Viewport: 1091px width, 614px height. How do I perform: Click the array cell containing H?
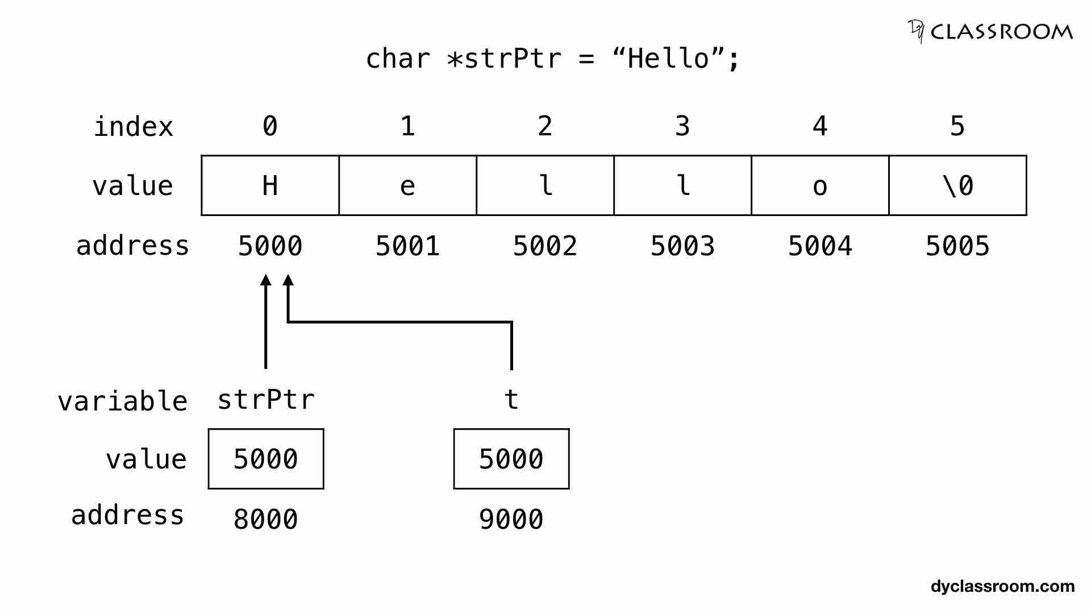pos(270,185)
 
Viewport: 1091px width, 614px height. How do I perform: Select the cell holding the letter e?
pos(407,185)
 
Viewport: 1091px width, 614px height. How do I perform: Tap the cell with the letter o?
pos(820,185)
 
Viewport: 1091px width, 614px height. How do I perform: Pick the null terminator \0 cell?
pos(957,185)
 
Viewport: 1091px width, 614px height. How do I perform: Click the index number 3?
pos(682,126)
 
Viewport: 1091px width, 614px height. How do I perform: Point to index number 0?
pos(270,126)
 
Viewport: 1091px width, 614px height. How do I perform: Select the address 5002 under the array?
pos(545,246)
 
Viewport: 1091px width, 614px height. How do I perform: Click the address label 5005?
pos(957,246)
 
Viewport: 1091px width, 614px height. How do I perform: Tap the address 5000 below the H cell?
pos(270,246)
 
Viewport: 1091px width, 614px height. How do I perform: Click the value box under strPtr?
pos(266,459)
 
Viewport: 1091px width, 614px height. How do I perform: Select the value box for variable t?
pos(511,459)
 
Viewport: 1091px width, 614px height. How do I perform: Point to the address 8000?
pos(266,519)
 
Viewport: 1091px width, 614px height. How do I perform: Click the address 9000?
pos(511,519)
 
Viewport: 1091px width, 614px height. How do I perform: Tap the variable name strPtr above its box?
pos(266,400)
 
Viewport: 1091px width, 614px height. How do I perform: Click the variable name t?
pos(511,400)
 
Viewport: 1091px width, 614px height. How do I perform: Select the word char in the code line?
pos(398,59)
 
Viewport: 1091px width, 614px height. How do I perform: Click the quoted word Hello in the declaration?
pos(668,59)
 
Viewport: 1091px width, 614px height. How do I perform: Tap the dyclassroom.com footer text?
pos(1002,586)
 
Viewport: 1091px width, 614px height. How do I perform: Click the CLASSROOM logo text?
pos(1001,32)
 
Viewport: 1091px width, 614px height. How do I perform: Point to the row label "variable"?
pos(123,401)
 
